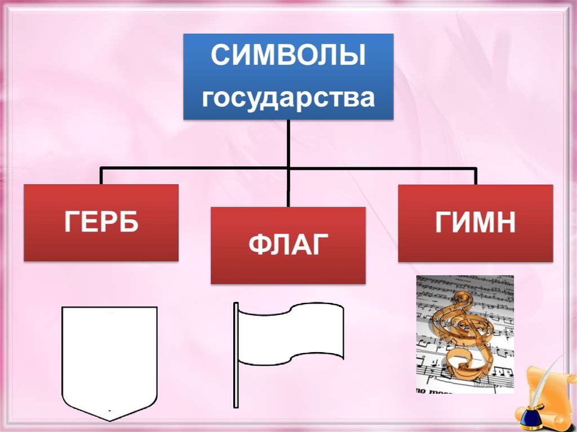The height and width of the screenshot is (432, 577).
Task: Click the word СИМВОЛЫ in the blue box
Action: [x=288, y=57]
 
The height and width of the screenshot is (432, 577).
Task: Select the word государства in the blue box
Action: [x=288, y=98]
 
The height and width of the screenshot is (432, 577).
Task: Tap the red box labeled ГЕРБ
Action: [x=101, y=222]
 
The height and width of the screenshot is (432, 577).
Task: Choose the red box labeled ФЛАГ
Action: [x=288, y=246]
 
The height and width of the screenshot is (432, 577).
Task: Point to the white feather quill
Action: [x=541, y=383]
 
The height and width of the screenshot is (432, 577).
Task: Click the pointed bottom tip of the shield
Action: [x=109, y=418]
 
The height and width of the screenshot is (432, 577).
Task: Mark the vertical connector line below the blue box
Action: [x=288, y=144]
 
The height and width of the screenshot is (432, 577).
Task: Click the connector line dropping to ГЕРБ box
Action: [x=101, y=176]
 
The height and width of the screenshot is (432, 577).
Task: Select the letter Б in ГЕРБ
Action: [x=128, y=223]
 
